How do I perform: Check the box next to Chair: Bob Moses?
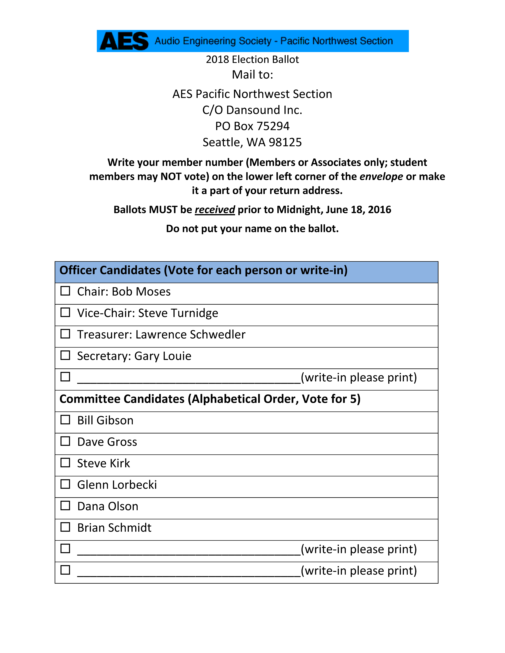tap(65, 291)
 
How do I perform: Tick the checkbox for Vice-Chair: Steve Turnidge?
tap(65, 312)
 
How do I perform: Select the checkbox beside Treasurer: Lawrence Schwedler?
tap(65, 334)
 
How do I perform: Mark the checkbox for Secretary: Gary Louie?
tap(65, 355)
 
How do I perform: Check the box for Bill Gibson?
tap(65, 420)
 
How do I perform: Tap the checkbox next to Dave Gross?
tap(65, 441)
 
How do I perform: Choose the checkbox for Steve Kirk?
tap(65, 463)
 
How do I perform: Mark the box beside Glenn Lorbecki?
tap(65, 484)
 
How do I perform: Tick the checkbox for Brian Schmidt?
tap(65, 527)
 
